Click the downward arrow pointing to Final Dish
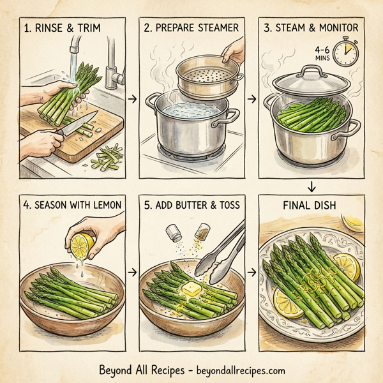[x=313, y=186]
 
